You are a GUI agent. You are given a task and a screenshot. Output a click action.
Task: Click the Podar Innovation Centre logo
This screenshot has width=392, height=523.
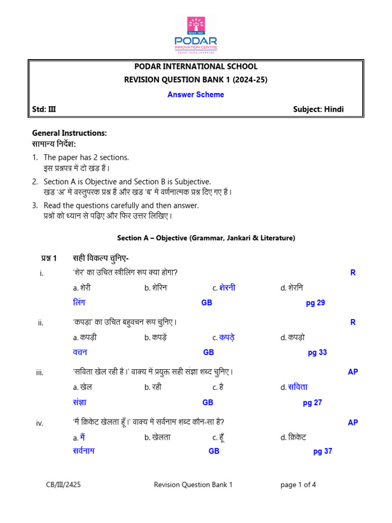coord(196,33)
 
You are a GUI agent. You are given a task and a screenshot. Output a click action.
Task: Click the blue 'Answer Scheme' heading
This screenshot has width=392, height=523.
coord(196,94)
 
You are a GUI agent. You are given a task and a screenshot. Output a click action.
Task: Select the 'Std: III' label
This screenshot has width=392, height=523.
coord(40,109)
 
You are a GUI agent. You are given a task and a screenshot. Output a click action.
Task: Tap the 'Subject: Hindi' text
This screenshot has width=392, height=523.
coord(318,109)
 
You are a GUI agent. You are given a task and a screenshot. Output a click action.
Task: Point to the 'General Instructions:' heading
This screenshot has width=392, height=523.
coord(69,133)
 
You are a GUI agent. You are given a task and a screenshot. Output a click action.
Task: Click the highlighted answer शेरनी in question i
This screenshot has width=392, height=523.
coord(227,288)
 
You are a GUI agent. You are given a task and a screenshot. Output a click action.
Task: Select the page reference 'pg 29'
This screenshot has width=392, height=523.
coord(315,303)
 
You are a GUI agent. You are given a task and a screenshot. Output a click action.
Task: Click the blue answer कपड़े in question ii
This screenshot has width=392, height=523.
coord(227,337)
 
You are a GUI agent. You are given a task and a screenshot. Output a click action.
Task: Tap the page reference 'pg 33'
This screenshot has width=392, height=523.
coord(317,352)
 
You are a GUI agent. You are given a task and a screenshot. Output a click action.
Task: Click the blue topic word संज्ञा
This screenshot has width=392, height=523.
coord(80,402)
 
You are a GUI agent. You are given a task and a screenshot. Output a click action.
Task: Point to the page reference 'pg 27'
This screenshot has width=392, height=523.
coord(312,402)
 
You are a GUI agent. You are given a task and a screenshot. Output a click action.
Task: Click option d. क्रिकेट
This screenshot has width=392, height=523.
coord(293,437)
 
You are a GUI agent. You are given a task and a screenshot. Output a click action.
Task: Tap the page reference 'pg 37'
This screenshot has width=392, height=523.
coord(323,451)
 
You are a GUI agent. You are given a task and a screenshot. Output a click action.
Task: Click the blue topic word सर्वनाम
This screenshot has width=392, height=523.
coord(84,451)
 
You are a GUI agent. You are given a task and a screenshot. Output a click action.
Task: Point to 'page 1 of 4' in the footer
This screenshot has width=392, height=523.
coord(298,485)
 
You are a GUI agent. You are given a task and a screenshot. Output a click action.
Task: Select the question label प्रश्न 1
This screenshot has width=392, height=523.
coord(52,257)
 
